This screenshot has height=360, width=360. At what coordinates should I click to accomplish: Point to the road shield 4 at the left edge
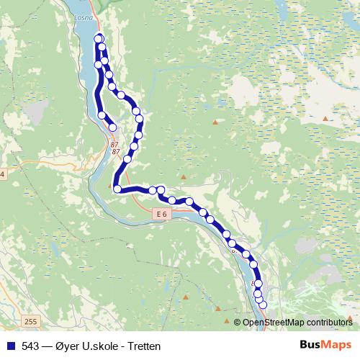pos(2,175)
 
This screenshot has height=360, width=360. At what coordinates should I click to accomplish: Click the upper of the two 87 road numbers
pos(114,145)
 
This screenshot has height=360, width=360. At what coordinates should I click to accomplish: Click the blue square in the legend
pos(10,346)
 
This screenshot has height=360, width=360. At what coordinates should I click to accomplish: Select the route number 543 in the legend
pos(31,346)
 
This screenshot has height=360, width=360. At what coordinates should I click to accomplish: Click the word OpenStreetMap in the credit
pos(276,323)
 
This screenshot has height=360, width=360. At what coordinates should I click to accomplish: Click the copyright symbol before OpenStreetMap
pos(238,323)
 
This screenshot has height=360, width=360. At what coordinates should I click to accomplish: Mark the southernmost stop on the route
pos(262,305)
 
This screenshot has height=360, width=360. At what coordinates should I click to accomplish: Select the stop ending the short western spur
pos(112,127)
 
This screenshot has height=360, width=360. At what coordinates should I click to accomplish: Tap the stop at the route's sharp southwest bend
pos(117,189)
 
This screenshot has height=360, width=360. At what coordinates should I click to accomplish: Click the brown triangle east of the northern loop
pos(215,120)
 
